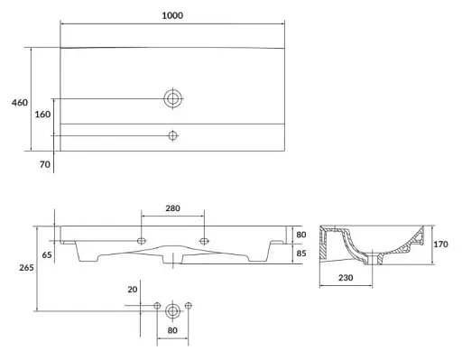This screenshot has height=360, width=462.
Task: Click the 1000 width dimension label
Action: tap(172, 15)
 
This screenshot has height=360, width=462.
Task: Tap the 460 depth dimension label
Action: tap(20, 103)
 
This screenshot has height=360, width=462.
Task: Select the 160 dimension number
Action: tap(42, 115)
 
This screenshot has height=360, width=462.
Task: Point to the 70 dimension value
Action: tap(45, 164)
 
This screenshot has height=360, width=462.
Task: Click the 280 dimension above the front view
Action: tap(172, 208)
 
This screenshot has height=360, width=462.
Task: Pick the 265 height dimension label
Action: tap(26, 267)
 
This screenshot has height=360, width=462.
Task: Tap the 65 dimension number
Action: tap(47, 254)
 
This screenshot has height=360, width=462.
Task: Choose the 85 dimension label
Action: tap(301, 254)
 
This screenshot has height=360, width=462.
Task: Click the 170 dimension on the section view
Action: tap(440, 245)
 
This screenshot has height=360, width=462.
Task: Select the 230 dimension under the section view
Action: tap(346, 278)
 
